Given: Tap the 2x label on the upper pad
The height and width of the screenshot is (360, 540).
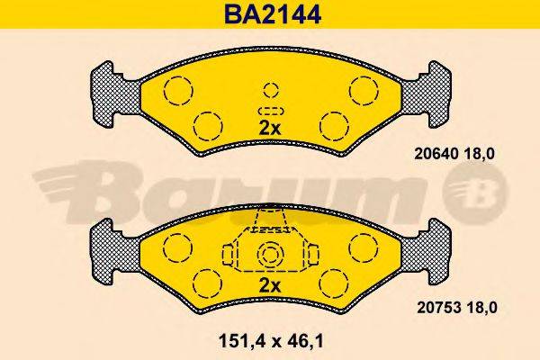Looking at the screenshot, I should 269,129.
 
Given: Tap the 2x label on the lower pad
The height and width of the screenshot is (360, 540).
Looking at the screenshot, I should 269,286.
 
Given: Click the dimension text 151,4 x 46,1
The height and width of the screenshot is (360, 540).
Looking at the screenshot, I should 269,341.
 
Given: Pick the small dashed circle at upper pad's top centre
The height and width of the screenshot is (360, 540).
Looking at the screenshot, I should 270,90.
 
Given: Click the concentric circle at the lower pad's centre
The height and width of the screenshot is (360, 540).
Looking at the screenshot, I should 270,256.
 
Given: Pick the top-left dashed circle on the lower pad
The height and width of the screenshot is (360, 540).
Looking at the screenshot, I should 176,245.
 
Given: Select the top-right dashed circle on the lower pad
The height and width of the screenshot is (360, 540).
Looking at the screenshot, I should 364,245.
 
